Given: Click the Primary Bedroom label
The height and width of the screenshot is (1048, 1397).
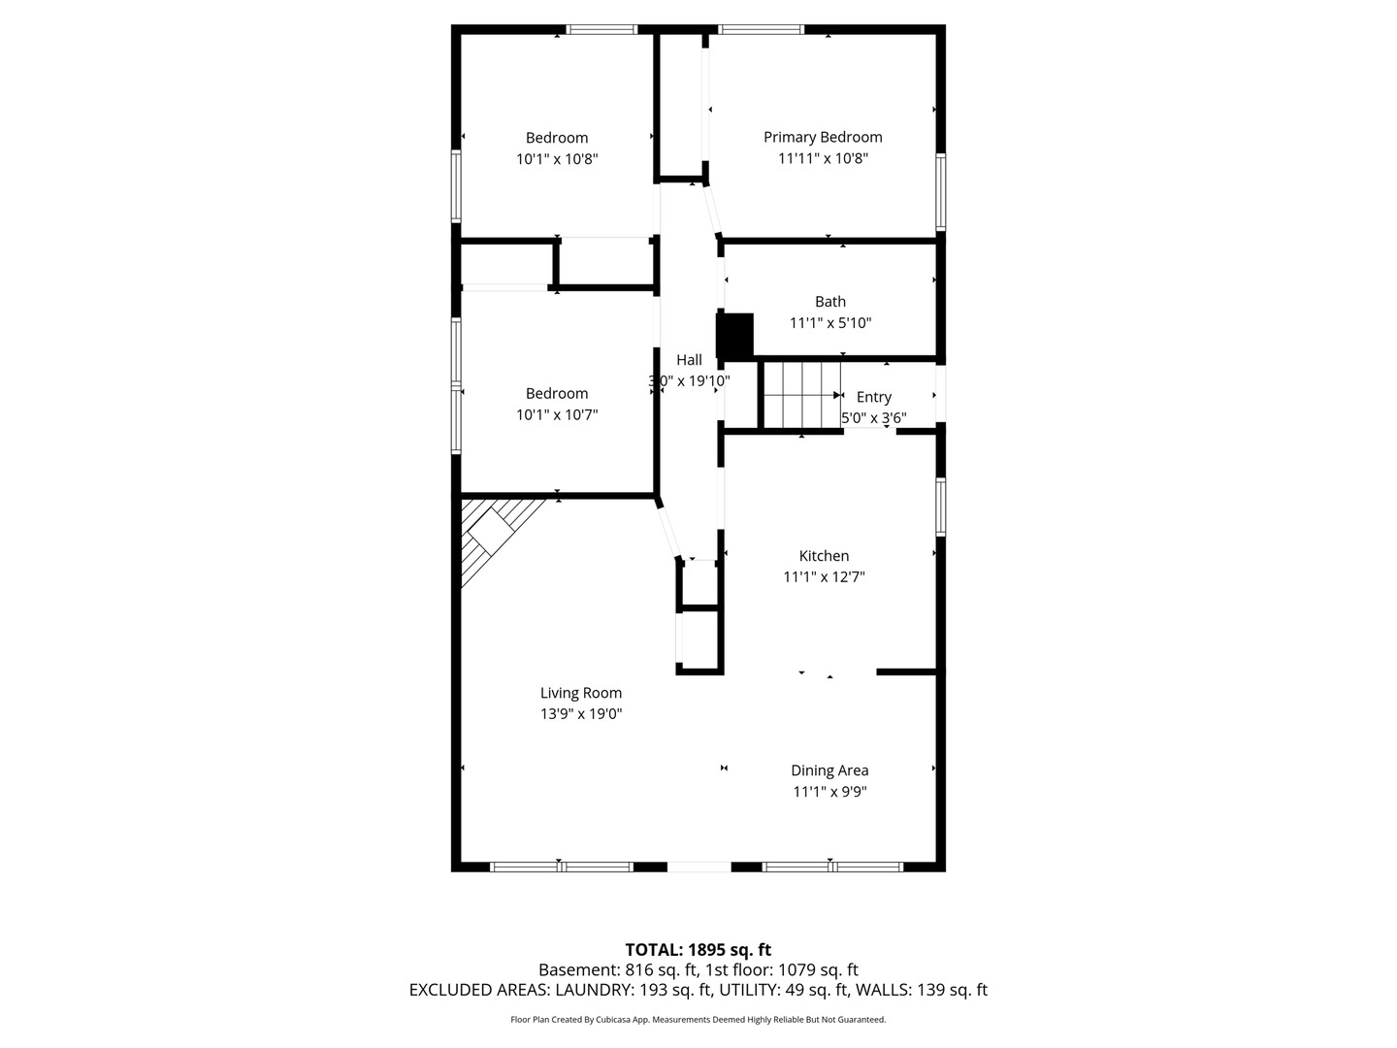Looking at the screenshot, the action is tap(823, 138).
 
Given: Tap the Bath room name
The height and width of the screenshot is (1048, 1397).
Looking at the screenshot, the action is tap(829, 301).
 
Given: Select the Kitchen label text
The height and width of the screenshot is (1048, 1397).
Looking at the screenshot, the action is tap(824, 555).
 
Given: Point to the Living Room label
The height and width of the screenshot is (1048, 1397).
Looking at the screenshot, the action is tap(580, 693).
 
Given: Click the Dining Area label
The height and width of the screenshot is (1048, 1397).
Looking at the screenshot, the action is tap(829, 770).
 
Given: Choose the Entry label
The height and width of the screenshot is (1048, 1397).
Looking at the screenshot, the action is tap(873, 397).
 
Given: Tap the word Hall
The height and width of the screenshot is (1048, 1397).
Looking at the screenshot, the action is tap(689, 360).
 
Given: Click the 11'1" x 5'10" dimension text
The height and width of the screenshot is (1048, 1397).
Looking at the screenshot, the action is tap(829, 322).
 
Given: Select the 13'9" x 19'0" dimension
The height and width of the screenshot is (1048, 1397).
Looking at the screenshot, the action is tap(580, 714).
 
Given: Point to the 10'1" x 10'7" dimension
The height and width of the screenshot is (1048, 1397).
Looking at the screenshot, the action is tap(557, 415).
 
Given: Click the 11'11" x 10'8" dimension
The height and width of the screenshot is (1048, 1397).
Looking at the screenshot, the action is tap(823, 158).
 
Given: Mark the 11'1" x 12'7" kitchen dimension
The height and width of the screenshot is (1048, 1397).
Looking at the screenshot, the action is tap(824, 577).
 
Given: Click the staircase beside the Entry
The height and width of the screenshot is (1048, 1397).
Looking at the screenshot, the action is tap(802, 395).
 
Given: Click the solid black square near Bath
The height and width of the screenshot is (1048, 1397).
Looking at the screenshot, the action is tap(735, 335).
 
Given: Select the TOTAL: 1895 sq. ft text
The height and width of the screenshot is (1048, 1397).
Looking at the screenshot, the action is tap(698, 950).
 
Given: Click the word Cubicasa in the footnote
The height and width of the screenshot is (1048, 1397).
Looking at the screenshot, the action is tap(612, 1020).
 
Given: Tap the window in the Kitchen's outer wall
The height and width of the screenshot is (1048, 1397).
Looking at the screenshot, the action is tap(940, 507).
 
